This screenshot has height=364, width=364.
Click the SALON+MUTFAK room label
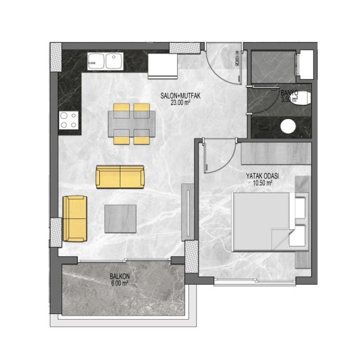[x=181, y=96]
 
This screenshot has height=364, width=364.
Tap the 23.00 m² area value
[x=181, y=103]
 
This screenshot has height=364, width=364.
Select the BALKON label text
[x=120, y=276]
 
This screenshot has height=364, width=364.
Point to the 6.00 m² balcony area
[x=119, y=283]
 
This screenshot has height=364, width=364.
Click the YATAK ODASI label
[x=263, y=176]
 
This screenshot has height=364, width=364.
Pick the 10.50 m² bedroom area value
[x=263, y=183]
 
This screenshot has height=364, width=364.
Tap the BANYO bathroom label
[x=289, y=93]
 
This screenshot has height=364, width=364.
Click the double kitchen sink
[x=106, y=61]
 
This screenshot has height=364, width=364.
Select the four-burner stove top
[x=69, y=121]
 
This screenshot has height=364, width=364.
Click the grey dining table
[x=132, y=123]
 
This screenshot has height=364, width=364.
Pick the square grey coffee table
[x=121, y=218]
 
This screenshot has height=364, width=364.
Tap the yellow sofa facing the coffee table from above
[x=120, y=177]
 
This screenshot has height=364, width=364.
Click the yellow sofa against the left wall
[x=75, y=218]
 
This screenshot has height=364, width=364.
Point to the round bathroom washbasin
[x=288, y=126]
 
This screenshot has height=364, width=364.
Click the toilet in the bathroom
[x=301, y=98]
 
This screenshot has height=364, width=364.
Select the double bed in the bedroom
[x=271, y=222]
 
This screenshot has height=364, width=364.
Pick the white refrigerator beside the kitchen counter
[x=163, y=66]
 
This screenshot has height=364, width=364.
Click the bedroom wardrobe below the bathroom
[x=276, y=153]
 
